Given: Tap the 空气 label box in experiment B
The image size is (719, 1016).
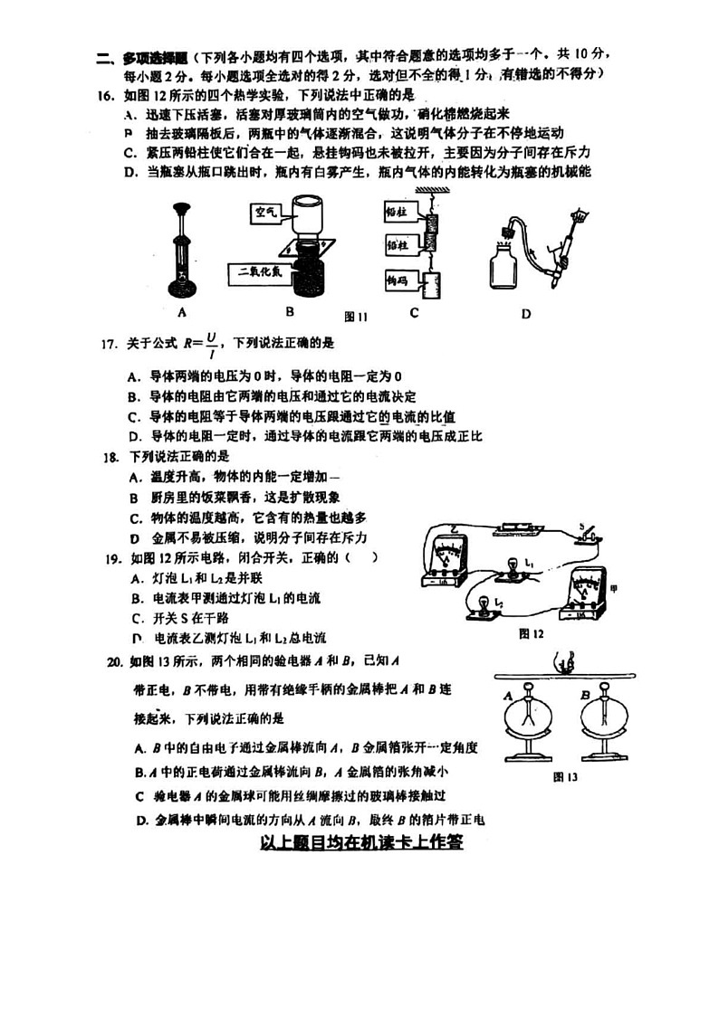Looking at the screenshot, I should [265, 214].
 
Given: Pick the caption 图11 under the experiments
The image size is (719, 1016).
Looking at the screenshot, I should [357, 317].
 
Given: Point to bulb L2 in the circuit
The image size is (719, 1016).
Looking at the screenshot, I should [483, 604].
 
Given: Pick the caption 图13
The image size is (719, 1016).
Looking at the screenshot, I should [565, 776].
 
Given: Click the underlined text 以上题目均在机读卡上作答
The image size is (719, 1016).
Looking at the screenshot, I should [361, 841].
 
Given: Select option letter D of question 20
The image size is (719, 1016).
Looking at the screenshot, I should [140, 821].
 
